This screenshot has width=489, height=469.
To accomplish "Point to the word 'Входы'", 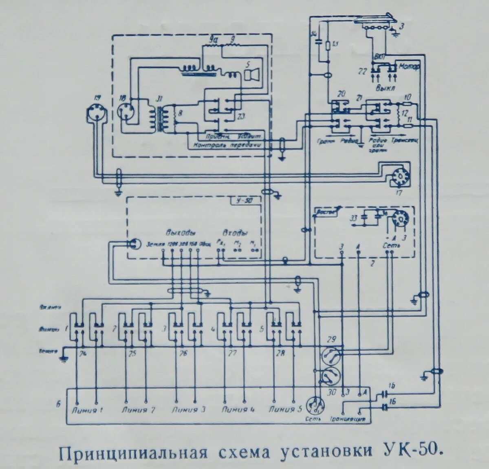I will click(x=235, y=233).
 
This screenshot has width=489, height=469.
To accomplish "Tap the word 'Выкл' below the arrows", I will click(x=383, y=87).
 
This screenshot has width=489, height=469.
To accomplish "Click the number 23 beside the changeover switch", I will click(x=241, y=118).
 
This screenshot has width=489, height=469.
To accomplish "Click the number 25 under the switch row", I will click(x=132, y=354).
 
